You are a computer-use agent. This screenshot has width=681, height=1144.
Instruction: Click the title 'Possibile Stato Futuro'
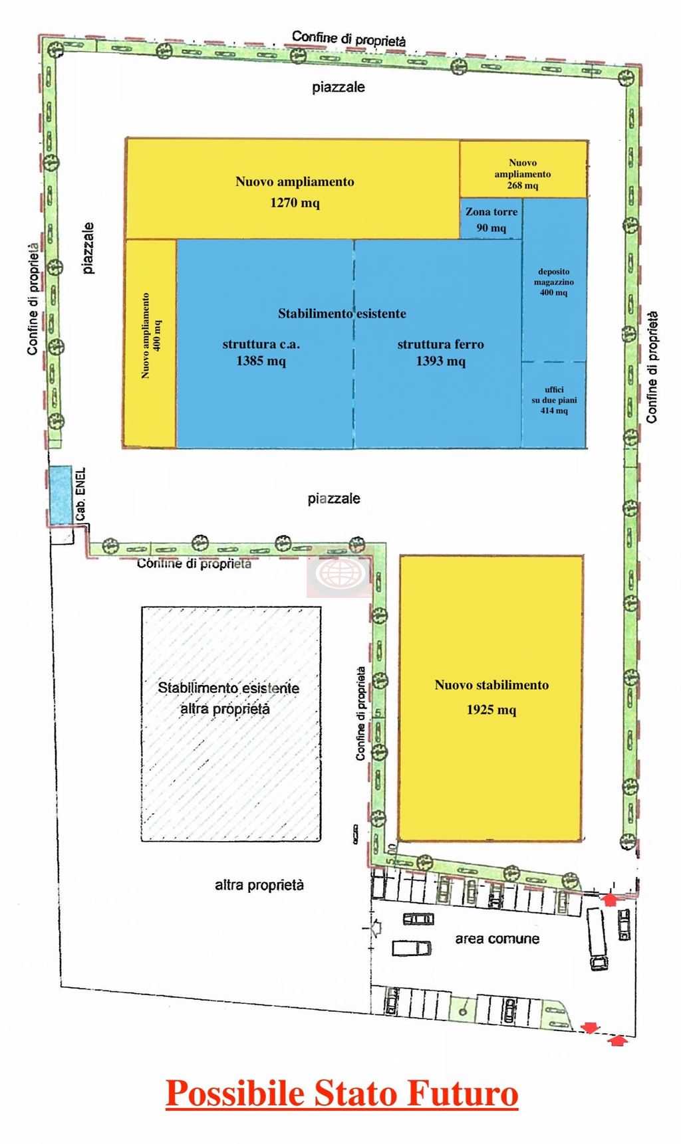coord(342,1094)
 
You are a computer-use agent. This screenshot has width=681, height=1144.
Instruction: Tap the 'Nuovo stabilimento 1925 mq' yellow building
coord(491,698)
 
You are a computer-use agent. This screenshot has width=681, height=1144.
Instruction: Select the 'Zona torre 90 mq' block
coord(491,219)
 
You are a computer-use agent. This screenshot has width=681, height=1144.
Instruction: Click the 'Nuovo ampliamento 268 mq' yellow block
coord(523,169)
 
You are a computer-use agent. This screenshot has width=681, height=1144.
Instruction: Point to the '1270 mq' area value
coord(295,203)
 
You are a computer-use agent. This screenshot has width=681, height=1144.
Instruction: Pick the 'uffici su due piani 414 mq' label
coord(554,401)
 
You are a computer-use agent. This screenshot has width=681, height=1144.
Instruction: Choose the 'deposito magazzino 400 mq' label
coord(554,282)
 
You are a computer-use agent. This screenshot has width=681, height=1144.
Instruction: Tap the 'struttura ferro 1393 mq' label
coord(440,352)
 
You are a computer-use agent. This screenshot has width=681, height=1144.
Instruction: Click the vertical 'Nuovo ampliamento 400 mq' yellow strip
coord(151,343)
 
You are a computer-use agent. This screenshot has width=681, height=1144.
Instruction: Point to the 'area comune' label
coord(497,939)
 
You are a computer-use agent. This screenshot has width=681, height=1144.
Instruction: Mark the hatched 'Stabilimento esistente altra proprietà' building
coord(231,723)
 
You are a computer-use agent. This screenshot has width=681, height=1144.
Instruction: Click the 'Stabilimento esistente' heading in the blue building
coord(342,313)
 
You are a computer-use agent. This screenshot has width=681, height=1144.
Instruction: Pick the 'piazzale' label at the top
coord(339,87)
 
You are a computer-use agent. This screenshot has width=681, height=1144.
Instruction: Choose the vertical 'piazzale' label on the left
coord(88,248)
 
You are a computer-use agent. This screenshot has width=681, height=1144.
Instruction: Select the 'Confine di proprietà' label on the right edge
coord(652,367)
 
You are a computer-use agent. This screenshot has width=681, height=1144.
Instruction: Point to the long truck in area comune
coord(596,939)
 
